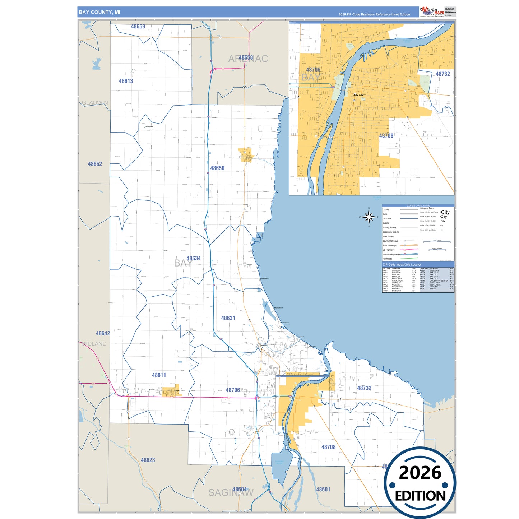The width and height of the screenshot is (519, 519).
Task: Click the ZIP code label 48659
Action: tap(138, 27)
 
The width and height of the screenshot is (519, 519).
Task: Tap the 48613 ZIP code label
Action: tap(126, 81)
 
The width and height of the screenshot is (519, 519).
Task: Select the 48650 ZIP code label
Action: tap(217, 168)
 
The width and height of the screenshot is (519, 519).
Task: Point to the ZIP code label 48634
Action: tap(194, 258)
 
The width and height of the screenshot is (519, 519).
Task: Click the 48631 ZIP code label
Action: tap(228, 318)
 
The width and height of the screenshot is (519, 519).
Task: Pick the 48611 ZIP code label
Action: tap(159, 375)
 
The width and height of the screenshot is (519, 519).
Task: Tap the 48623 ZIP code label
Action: tap(148, 460)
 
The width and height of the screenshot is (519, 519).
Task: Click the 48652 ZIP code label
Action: tap(95, 164)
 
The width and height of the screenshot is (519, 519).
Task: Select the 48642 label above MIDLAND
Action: tap(103, 334)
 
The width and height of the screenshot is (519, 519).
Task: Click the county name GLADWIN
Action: tap(95, 103)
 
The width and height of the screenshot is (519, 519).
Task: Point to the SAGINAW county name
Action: tap(231, 493)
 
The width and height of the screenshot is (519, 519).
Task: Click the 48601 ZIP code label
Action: tap(323, 490)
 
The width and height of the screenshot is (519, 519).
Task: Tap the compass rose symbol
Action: tap(369, 217)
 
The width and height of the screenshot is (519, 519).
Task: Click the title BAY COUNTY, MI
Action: tap(99, 12)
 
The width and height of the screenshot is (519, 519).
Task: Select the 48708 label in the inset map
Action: tap(386, 136)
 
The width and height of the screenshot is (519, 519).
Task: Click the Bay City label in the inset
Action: tap(358, 95)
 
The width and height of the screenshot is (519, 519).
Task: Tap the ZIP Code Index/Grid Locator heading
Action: tap(402, 265)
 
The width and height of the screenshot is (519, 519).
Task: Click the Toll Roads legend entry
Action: tap(387, 259)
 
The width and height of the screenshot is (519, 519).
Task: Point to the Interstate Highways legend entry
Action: tap(391, 254)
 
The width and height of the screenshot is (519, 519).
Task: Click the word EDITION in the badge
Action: tap(420, 496)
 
